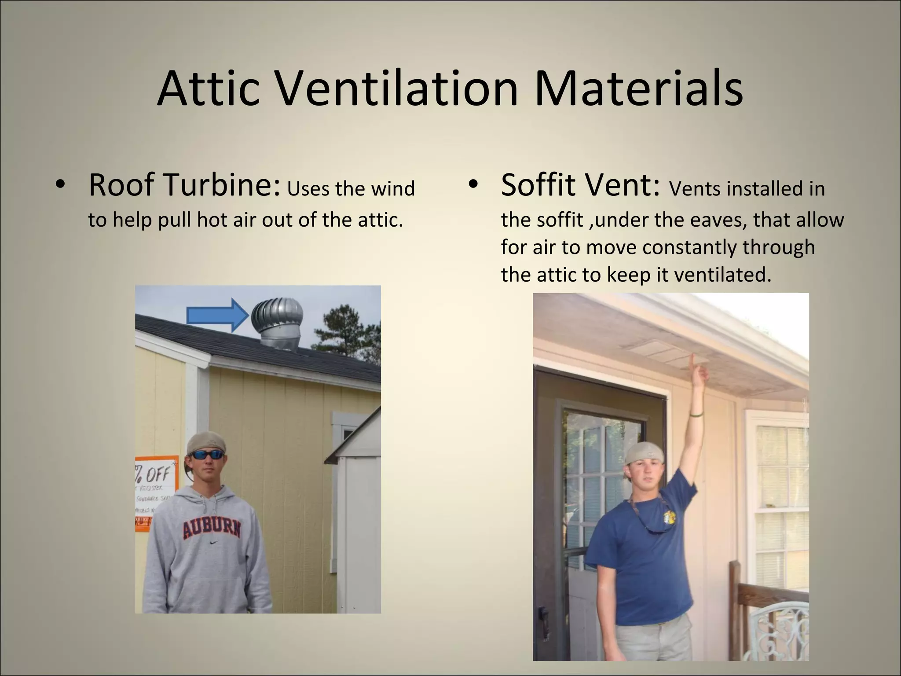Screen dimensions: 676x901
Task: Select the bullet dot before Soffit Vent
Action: coord(472,186)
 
